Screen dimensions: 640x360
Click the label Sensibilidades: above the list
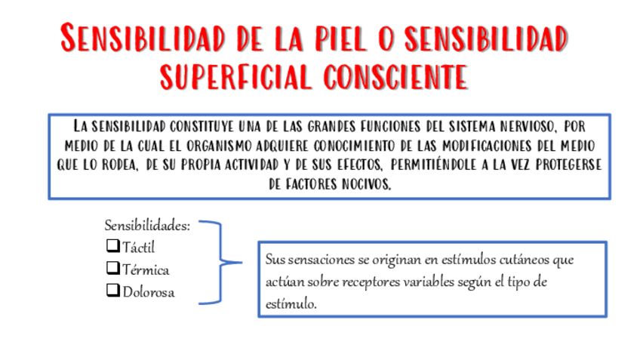coord(147,226)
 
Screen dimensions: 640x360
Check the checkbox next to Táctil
coord(113,245)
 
